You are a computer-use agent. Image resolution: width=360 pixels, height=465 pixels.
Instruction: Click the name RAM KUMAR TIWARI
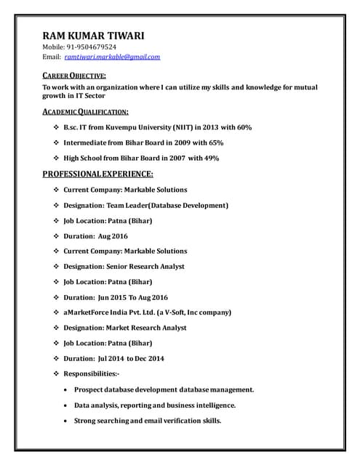(93, 35)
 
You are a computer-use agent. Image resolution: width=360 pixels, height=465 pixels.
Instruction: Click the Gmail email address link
(112, 57)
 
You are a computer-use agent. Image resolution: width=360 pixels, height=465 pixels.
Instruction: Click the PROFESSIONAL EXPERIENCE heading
(97, 174)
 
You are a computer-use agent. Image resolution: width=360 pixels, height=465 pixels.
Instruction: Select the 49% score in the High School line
(211, 158)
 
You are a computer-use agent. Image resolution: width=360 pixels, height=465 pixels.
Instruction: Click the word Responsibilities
(91, 373)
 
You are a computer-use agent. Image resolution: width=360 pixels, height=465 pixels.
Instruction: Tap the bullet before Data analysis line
(67, 405)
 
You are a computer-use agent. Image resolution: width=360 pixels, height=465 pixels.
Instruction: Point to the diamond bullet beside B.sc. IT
(57, 128)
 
